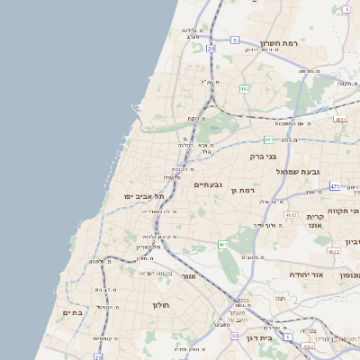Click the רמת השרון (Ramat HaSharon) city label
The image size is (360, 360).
pos(278,42)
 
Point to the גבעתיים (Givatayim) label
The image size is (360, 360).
pos(208,184)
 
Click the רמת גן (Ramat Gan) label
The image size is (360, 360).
pos(244,190)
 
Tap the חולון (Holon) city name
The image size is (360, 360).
pos(157,305)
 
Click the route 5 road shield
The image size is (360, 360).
pos(235,40)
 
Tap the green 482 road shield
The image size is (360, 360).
pos(245,89)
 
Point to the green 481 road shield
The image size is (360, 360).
pos(269,139)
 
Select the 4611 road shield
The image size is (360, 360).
pos(340,119)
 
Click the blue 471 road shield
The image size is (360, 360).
pos(335,186)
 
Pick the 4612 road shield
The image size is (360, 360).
pos(292,215)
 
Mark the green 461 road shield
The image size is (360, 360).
pos(223,244)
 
